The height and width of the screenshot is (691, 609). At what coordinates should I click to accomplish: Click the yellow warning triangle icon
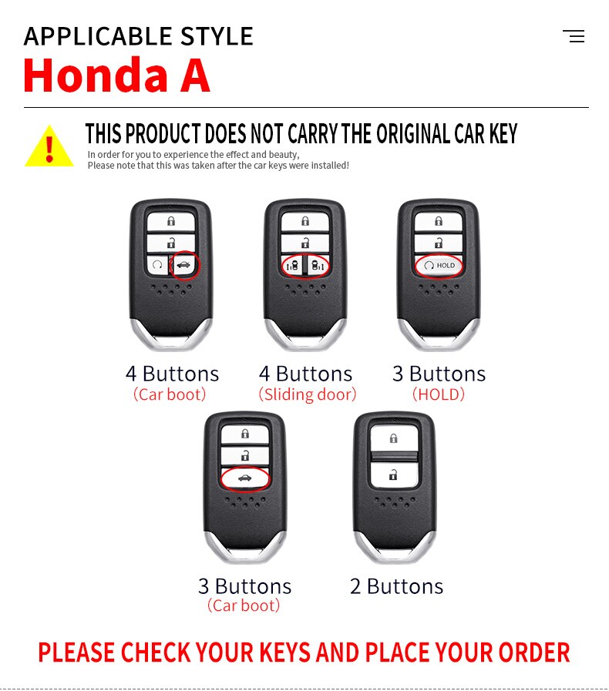click(49, 146)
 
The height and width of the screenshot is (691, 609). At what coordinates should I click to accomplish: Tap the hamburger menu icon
click(574, 36)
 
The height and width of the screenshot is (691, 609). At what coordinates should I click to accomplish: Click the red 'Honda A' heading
click(116, 75)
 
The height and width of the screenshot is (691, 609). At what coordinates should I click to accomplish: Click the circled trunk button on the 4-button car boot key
click(184, 265)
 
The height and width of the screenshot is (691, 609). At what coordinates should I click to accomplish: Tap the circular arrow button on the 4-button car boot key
click(157, 265)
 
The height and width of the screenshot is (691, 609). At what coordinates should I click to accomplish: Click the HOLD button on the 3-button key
click(439, 265)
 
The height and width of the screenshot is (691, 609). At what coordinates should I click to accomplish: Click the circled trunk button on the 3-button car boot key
click(244, 478)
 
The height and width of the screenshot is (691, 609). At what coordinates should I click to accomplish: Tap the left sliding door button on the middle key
click(293, 265)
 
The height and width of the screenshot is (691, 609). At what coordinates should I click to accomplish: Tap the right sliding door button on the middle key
click(318, 265)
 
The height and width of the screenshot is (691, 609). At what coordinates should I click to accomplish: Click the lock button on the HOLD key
click(439, 221)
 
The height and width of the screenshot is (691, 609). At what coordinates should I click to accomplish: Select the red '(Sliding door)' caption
click(308, 394)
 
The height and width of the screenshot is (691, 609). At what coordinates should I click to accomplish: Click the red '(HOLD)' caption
click(439, 394)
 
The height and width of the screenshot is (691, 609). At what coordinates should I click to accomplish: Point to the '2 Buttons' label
click(396, 586)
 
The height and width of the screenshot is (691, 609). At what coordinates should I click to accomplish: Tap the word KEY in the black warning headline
click(503, 133)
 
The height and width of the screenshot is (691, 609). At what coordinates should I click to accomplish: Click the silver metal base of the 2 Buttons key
click(395, 548)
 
